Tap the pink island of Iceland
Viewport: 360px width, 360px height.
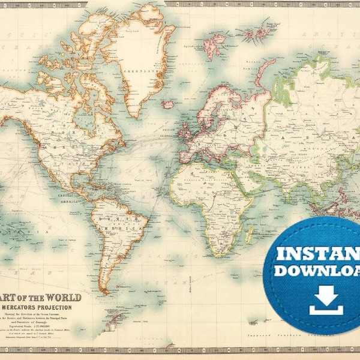click(x=168, y=104)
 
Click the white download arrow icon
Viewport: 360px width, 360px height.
click(x=326, y=299)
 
